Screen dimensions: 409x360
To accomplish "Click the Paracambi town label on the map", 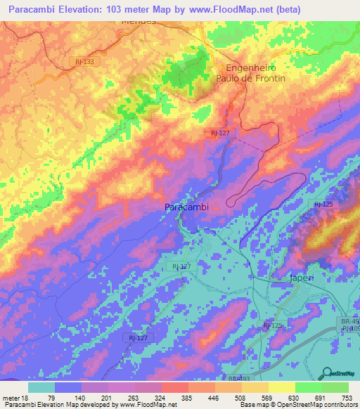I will pyautogui.click(x=186, y=207).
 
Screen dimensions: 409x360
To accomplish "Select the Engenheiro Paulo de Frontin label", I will pyautogui.click(x=255, y=73).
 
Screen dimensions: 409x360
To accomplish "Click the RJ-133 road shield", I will pyautogui.click(x=84, y=62).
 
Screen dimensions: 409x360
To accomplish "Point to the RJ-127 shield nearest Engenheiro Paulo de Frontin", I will pyautogui.click(x=220, y=132).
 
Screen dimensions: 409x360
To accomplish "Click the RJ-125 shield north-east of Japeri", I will pyautogui.click(x=323, y=204).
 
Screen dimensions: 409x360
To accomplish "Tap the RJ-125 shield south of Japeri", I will pyautogui.click(x=273, y=325).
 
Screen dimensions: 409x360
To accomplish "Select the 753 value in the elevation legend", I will pyautogui.click(x=347, y=398).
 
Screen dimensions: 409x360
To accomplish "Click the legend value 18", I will pyautogui.click(x=27, y=398).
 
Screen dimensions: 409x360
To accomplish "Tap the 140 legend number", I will pyautogui.click(x=81, y=398).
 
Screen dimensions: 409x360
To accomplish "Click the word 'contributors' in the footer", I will pyautogui.click(x=337, y=405).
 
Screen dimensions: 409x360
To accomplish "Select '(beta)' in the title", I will pyautogui.click(x=288, y=10).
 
